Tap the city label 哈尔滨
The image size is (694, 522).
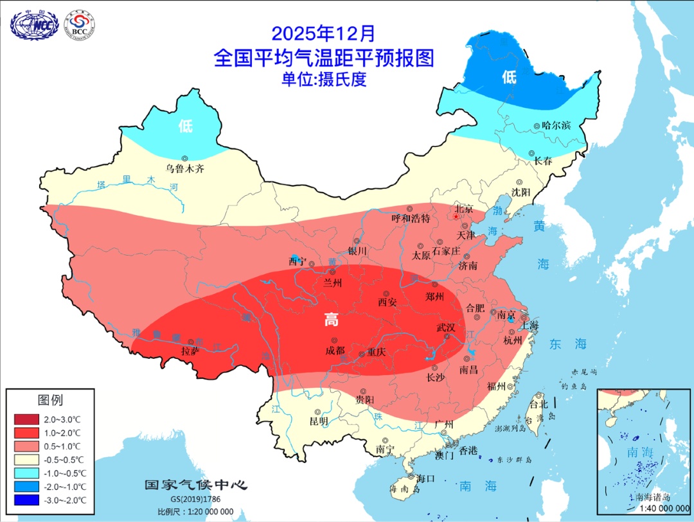(556, 126)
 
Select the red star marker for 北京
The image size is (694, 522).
(456, 217)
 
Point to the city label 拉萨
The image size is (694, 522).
(190, 351)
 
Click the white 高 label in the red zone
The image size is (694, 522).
(331, 320)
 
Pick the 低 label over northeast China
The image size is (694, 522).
(509, 78)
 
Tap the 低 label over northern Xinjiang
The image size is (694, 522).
(186, 126)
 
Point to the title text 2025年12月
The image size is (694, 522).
(323, 33)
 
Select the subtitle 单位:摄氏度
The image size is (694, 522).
(323, 80)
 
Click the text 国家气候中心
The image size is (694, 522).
(195, 485)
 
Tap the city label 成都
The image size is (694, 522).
(334, 351)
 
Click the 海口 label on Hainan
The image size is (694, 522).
(425, 478)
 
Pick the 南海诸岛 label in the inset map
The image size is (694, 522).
(653, 496)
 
